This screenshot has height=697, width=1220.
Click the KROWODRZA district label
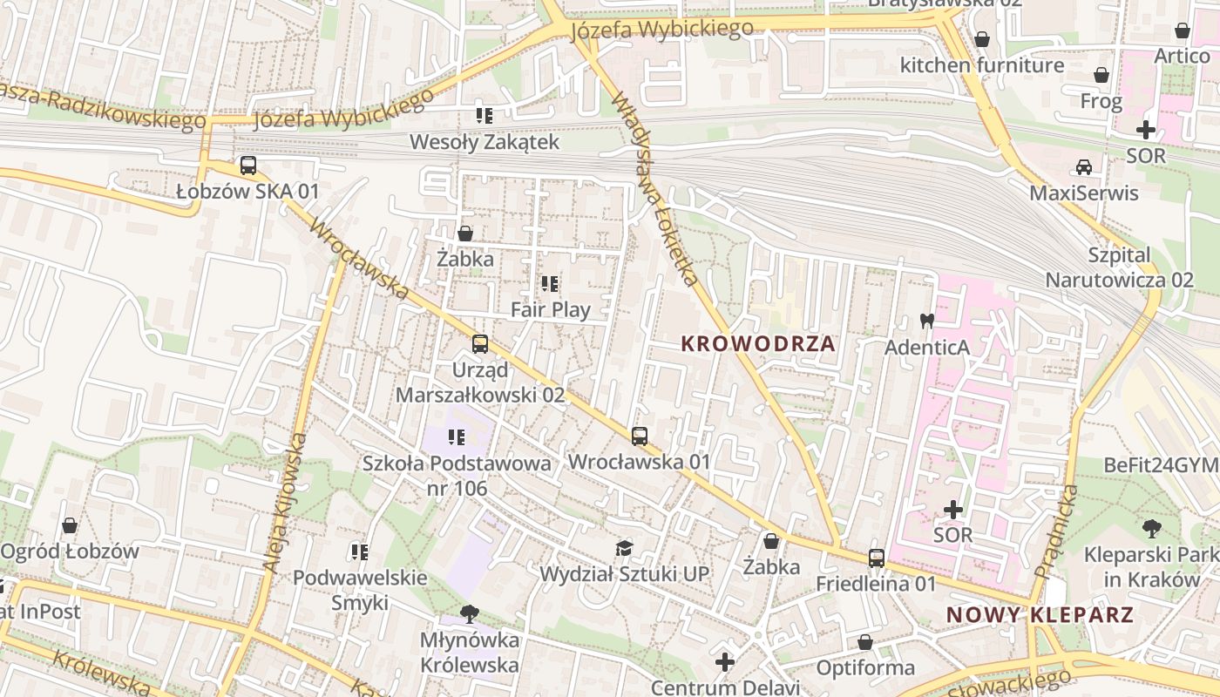click(757, 343)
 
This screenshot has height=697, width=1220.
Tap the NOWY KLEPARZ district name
click(1040, 615)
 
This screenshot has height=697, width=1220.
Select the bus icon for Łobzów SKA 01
click(248, 166)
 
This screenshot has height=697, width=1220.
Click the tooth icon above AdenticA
click(927, 321)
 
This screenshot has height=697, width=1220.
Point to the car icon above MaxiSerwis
click(1083, 166)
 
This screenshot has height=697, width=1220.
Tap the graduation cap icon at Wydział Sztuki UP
click(624, 548)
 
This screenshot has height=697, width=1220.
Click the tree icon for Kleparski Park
click(1151, 528)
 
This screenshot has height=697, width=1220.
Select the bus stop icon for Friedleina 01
click(876, 558)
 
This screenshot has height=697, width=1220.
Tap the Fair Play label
click(550, 309)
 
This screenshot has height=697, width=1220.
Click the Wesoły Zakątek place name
click(485, 141)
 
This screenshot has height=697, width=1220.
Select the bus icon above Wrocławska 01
click(640, 436)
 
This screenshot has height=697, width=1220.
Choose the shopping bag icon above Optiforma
click(865, 642)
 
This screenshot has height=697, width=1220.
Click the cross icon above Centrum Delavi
click(725, 662)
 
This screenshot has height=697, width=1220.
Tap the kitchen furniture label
click(981, 65)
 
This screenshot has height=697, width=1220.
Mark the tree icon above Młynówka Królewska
click(470, 614)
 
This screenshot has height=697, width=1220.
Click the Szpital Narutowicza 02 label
click(1119, 267)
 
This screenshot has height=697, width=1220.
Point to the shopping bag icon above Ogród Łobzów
click(70, 525)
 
